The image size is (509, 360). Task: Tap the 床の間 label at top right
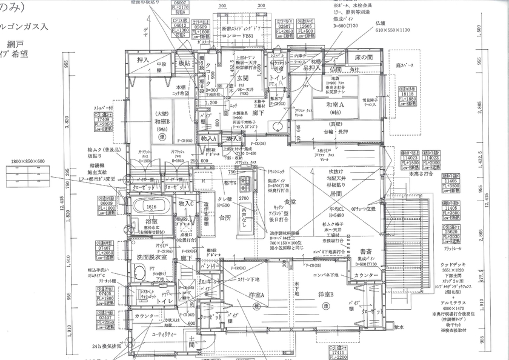(x=363, y=56)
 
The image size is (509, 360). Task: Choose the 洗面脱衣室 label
(x=151, y=258)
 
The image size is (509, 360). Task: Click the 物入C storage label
(x=185, y=203)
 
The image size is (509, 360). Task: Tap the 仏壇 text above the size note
(x=381, y=22)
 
